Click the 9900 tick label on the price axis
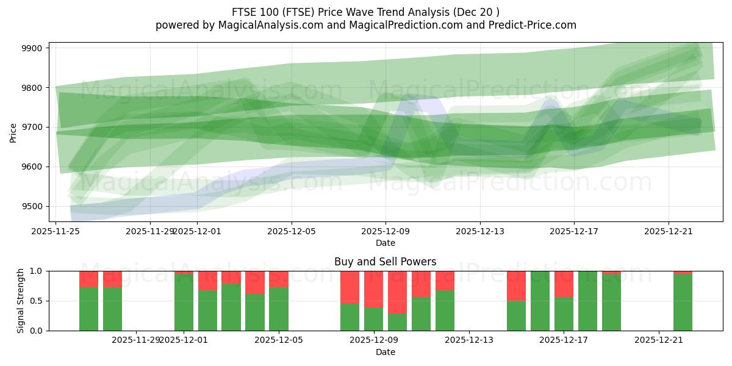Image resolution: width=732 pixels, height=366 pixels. pyautogui.click(x=32, y=48)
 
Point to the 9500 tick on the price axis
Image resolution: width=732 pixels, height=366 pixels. pyautogui.click(x=32, y=206)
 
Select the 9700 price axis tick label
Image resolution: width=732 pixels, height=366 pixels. pyautogui.click(x=32, y=127)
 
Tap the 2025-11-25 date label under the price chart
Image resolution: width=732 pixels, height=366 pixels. pyautogui.click(x=56, y=231)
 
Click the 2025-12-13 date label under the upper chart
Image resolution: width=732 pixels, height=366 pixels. pyautogui.click(x=479, y=231)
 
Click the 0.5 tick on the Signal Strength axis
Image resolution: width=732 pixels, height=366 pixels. pyautogui.click(x=37, y=301)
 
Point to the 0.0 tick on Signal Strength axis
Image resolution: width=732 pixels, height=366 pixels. pyautogui.click(x=37, y=331)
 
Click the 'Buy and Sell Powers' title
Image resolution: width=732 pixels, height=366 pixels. pyautogui.click(x=385, y=262)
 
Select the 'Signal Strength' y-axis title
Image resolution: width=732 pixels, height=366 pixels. pyautogui.click(x=21, y=300)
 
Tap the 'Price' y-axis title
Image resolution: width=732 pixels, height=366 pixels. pyautogui.click(x=13, y=132)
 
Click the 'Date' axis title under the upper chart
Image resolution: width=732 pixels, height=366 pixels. pyautogui.click(x=385, y=243)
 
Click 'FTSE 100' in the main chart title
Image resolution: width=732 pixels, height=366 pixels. pyautogui.click(x=253, y=12)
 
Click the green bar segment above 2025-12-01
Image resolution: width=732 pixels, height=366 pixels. pyautogui.click(x=184, y=303)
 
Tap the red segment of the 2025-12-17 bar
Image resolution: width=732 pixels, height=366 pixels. pyautogui.click(x=564, y=284)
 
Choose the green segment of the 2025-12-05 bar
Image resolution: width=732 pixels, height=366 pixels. pyautogui.click(x=279, y=309)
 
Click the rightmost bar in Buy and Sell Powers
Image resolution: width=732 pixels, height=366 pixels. pyautogui.click(x=683, y=303)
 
